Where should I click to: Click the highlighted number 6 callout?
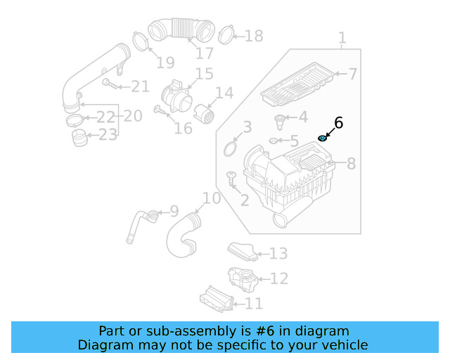point(338,123)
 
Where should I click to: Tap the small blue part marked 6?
point(323,138)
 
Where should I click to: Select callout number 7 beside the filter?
point(353,74)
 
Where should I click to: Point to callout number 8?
point(351,164)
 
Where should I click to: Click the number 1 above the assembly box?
point(342,38)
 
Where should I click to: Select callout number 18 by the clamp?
point(253,35)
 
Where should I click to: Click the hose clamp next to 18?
point(226,33)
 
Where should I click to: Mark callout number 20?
point(132,115)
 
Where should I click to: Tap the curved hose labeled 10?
point(181,238)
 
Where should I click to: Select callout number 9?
point(174,210)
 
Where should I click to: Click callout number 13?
point(278,253)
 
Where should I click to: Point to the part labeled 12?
point(242,279)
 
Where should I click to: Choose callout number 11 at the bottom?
point(253,304)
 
